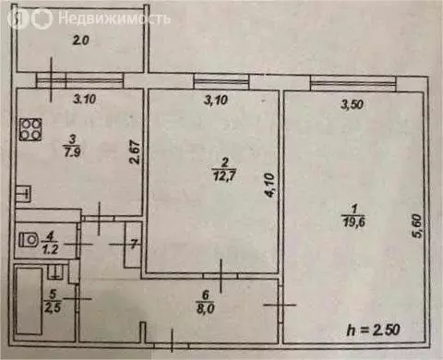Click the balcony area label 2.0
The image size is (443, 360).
pos(82,40)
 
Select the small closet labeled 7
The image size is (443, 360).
pos(133,246)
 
